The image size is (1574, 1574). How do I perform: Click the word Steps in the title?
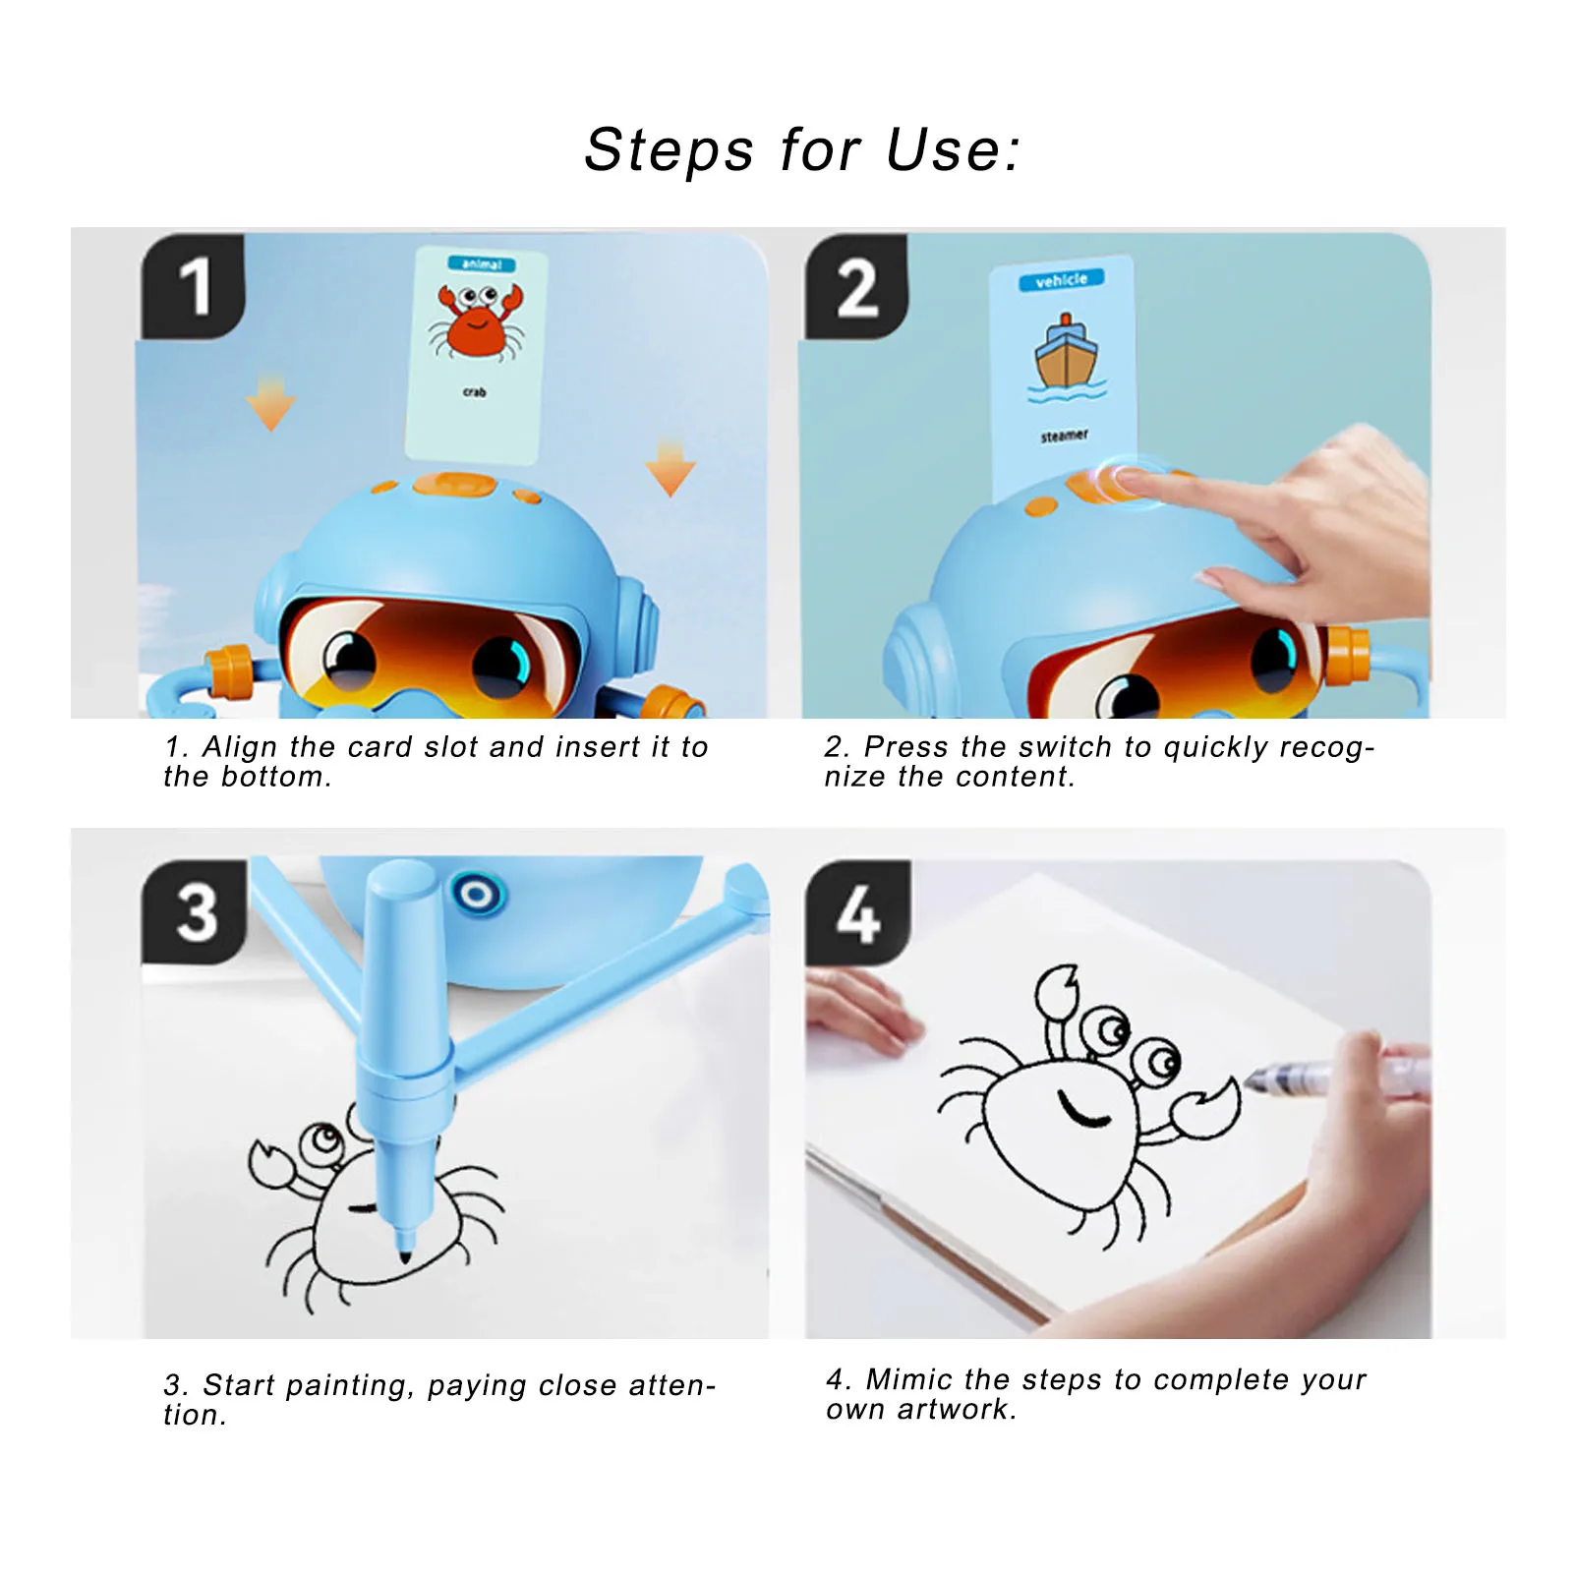click(x=669, y=150)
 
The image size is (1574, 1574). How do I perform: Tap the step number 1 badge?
click(x=194, y=287)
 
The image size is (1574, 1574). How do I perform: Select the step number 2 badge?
click(x=856, y=288)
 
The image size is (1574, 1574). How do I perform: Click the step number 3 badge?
click(x=196, y=912)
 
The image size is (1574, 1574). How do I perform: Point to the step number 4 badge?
click(x=857, y=913)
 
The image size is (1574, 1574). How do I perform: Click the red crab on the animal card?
click(x=477, y=321)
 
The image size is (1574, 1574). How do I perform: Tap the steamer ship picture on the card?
click(x=1065, y=354)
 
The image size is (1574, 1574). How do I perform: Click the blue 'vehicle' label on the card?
click(x=1061, y=280)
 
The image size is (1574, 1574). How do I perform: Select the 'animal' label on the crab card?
click(x=482, y=263)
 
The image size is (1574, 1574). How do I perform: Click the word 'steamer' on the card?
click(x=1064, y=435)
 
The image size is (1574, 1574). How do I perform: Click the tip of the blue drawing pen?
click(x=405, y=1254)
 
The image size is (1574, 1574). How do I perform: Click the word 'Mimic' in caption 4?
click(x=908, y=1379)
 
